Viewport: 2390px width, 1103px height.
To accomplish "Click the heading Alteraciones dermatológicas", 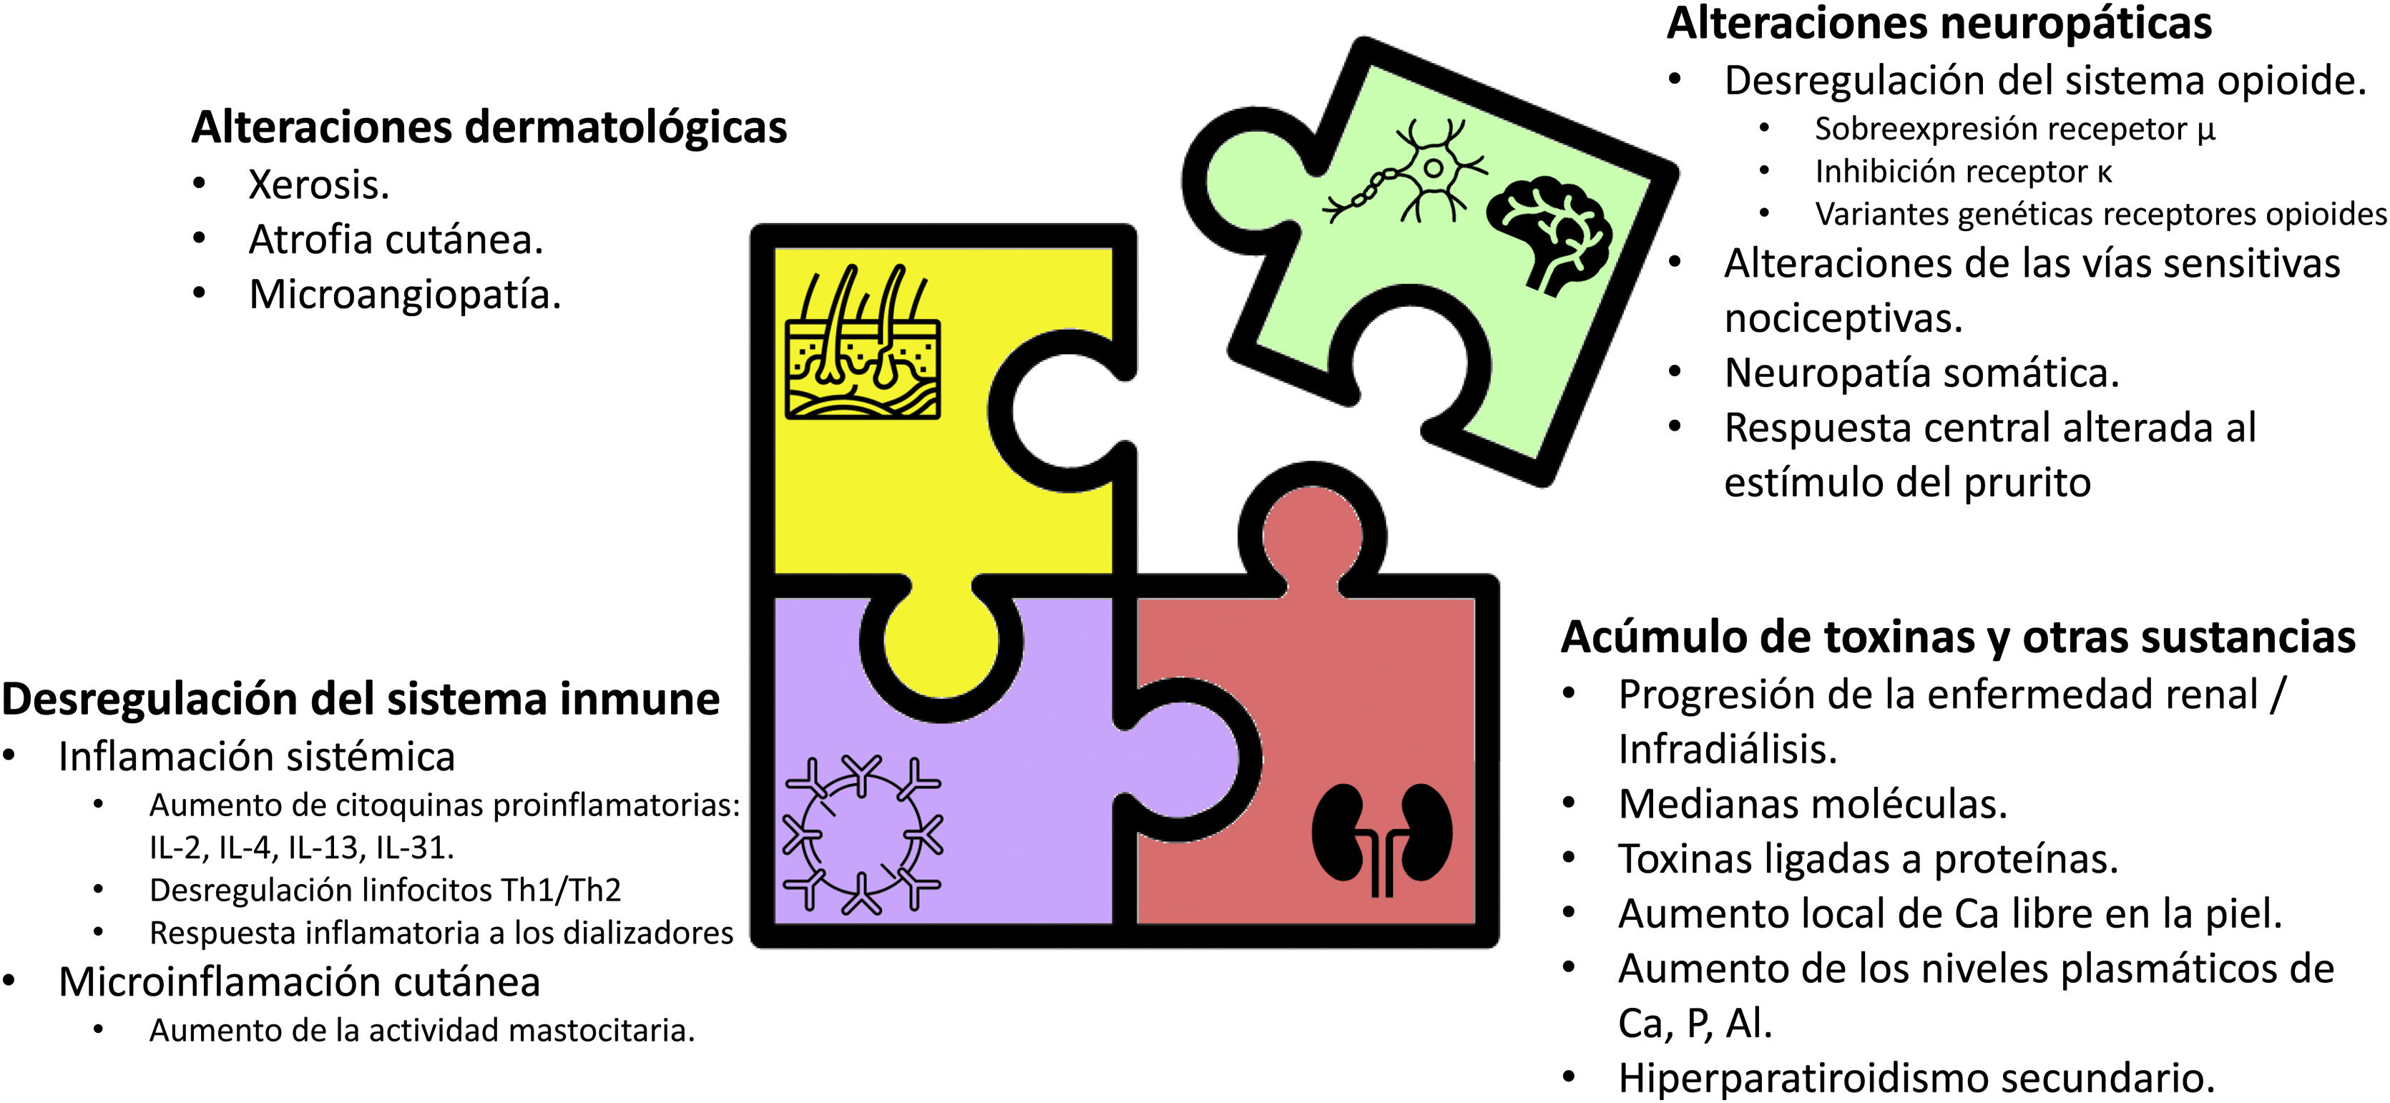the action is point(489,127).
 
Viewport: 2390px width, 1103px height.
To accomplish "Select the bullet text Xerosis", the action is point(318,185).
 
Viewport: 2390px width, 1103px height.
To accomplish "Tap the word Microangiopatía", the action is point(404,295).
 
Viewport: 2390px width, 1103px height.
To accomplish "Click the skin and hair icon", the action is point(862,343).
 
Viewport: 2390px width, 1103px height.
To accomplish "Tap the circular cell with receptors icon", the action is point(862,834).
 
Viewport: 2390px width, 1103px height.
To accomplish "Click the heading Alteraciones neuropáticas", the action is point(1939,23).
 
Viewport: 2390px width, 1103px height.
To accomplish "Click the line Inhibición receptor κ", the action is point(1962,172).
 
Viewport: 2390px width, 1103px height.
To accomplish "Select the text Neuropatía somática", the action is point(1921,373).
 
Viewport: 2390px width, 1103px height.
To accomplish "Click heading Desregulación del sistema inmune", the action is point(360,700).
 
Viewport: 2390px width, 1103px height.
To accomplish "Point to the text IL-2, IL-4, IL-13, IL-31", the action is point(302,847).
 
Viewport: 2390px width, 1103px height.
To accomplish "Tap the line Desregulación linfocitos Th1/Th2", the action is point(385,890).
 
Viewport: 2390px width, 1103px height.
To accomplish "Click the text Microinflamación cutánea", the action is point(299,981).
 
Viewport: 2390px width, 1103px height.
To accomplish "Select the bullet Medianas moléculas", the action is point(1812,804).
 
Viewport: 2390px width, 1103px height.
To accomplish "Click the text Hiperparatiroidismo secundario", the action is point(1916,1078).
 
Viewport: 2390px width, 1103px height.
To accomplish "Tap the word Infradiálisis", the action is point(1728,750).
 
